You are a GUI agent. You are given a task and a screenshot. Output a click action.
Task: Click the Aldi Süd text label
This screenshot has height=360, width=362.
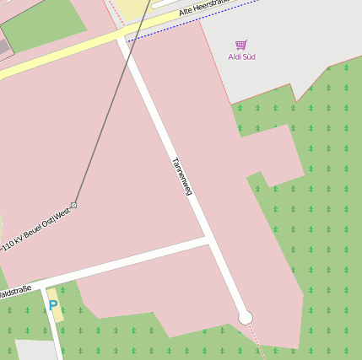pyautogui.click(x=241, y=56)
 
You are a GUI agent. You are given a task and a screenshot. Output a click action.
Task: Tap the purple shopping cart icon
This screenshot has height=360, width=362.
pyautogui.click(x=241, y=45)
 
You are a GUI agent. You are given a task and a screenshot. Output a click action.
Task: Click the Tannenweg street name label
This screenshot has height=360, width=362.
pyautogui.click(x=181, y=176)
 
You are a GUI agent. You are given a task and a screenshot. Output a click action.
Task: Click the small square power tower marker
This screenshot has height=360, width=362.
pyautogui.click(x=74, y=205)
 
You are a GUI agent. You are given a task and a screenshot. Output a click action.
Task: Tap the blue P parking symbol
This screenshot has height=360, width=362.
pyautogui.click(x=53, y=305)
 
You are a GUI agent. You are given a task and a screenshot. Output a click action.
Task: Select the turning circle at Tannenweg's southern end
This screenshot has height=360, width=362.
pyautogui.click(x=246, y=317)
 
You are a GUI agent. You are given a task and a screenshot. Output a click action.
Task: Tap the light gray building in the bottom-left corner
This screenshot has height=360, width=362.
pyautogui.click(x=32, y=350)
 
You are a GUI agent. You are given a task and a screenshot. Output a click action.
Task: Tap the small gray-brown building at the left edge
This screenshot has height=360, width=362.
pyautogui.click(x=4, y=42)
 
